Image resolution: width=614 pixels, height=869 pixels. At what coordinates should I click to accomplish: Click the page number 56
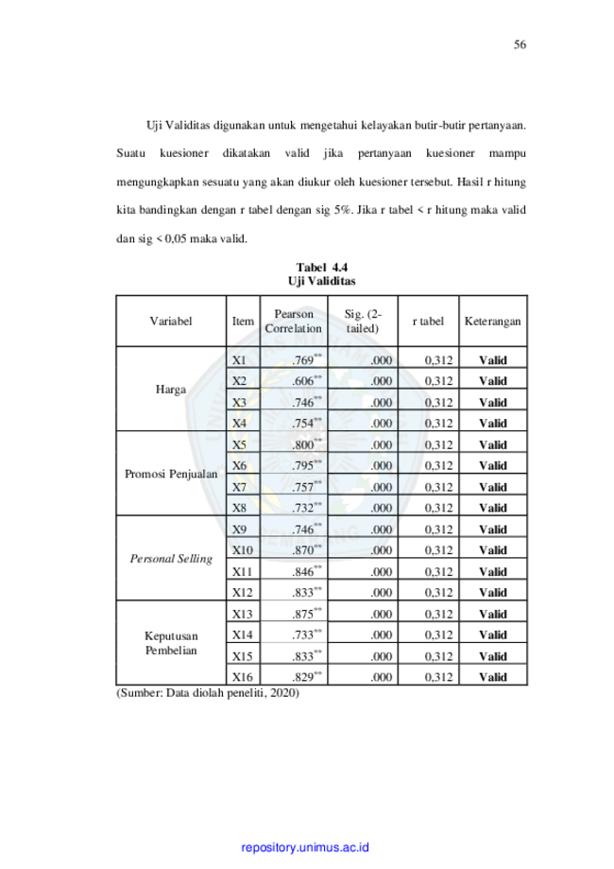(x=520, y=44)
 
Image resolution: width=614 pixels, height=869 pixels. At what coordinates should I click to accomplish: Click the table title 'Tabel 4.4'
(x=322, y=267)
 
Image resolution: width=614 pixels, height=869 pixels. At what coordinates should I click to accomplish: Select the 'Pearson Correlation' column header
(x=294, y=321)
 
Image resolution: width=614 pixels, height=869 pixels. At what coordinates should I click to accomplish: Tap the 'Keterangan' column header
(x=493, y=322)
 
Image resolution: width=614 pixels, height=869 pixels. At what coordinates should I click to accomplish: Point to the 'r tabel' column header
(x=428, y=322)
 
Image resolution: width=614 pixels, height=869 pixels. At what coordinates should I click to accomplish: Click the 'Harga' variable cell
(x=171, y=389)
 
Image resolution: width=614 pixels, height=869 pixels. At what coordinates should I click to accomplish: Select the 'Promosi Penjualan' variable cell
(x=171, y=474)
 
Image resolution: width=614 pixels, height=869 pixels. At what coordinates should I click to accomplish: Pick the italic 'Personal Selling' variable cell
(x=171, y=558)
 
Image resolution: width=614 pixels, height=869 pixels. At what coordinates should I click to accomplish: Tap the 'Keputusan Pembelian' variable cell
(x=171, y=643)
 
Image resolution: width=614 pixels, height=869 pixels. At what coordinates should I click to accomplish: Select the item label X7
(x=239, y=487)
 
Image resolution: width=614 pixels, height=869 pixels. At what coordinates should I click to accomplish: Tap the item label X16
(x=242, y=677)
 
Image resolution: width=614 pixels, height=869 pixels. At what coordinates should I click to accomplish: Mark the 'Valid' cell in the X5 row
(x=493, y=445)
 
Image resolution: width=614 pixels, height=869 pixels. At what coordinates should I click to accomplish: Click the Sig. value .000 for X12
(x=382, y=593)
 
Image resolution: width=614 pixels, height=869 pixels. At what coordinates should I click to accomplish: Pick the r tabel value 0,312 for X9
(x=438, y=530)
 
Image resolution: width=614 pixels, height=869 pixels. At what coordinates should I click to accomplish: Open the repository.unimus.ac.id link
(x=305, y=847)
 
